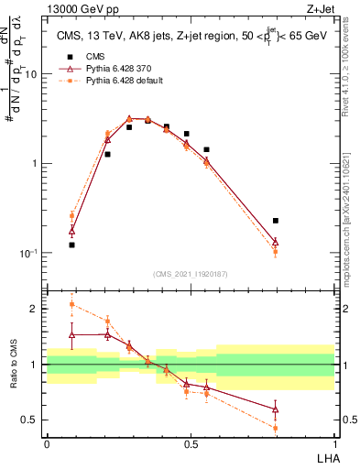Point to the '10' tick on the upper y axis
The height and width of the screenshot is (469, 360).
[x=31, y=74]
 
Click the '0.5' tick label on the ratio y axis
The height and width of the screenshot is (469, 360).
[x=30, y=420]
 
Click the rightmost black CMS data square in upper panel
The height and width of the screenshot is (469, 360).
[x=276, y=221]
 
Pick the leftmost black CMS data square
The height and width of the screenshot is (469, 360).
[x=71, y=245]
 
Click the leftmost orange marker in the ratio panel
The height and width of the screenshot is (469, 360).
[x=71, y=304]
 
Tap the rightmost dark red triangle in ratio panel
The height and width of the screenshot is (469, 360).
[x=276, y=409]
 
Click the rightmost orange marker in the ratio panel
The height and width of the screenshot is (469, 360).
[x=276, y=428]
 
